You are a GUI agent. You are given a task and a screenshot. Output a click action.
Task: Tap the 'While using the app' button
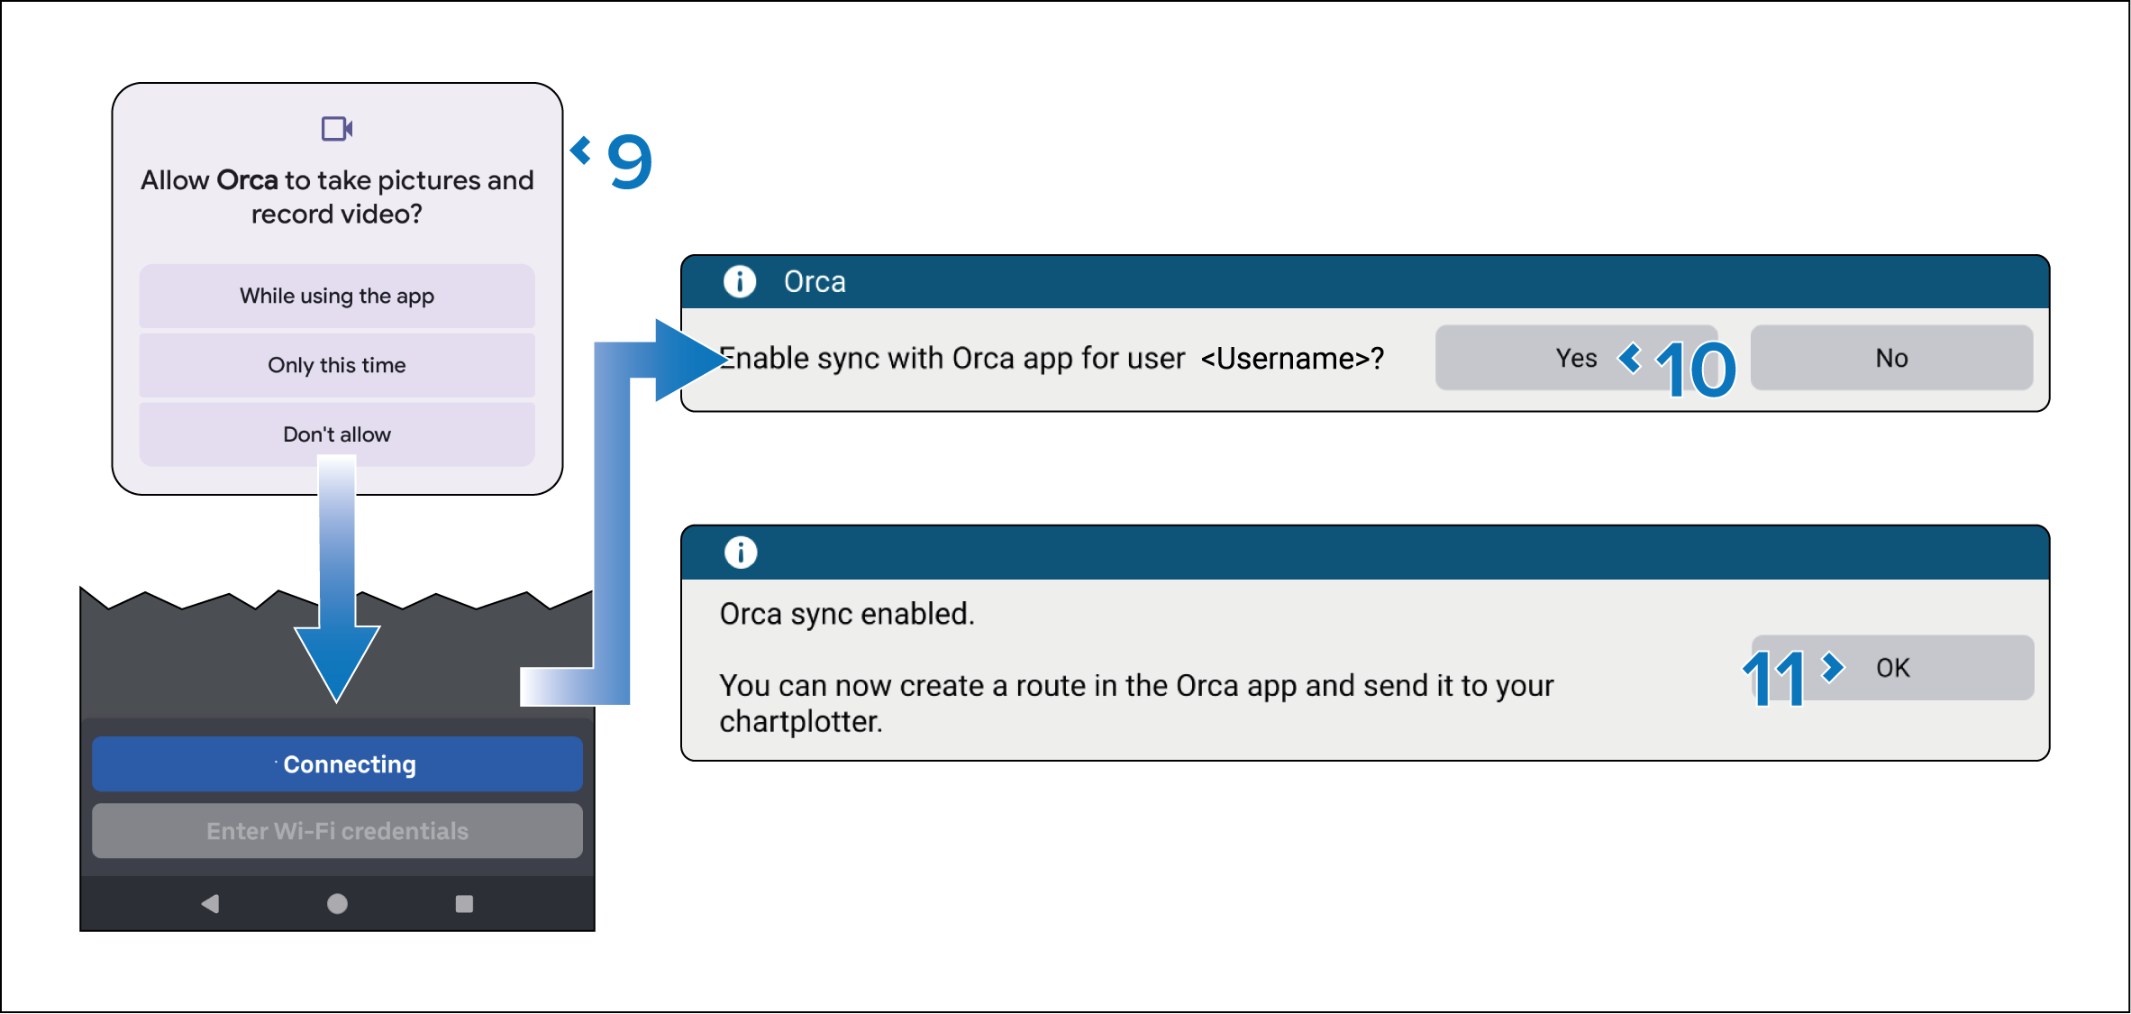337,296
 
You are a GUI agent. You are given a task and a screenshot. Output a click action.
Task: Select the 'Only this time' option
337,365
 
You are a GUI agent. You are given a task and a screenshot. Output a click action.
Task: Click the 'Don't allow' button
337,434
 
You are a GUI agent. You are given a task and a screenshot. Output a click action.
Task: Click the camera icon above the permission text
337,129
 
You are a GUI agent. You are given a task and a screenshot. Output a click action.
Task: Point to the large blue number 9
630,161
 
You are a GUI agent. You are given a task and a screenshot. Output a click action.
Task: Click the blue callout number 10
1696,370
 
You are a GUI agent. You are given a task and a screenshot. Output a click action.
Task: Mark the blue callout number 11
1773,678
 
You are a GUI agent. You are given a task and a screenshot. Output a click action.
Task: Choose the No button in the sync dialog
1891,358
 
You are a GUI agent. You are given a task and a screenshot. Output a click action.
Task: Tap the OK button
1893,668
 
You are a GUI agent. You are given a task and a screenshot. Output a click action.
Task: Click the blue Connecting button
337,764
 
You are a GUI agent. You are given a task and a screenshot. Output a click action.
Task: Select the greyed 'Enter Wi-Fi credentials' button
337,831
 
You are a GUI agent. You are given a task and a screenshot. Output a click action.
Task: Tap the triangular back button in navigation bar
210,903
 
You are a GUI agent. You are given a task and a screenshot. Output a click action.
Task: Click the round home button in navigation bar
337,903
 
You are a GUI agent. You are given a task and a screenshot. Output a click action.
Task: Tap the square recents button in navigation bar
464,903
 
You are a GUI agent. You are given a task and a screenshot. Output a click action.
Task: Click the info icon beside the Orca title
740,282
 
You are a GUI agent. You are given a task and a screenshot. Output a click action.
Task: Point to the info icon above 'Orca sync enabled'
741,552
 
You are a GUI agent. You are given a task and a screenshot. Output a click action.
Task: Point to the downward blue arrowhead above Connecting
337,662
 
